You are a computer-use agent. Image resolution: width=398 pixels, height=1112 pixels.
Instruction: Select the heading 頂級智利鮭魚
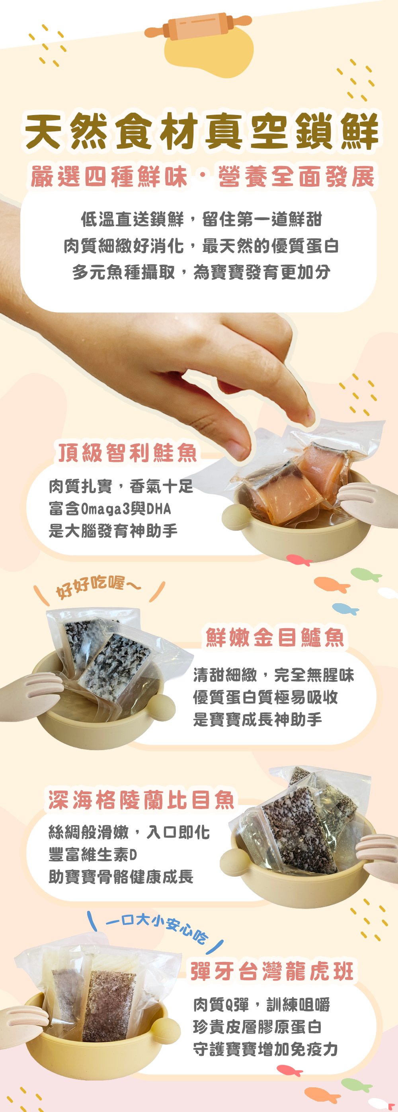pyautogui.click(x=128, y=452)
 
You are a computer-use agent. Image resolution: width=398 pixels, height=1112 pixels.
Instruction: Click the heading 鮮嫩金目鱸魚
pyautogui.click(x=275, y=637)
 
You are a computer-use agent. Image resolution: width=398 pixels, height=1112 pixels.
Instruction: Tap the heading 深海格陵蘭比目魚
pyautogui.click(x=141, y=800)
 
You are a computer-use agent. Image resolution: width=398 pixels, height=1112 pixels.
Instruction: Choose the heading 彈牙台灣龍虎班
pyautogui.click(x=272, y=972)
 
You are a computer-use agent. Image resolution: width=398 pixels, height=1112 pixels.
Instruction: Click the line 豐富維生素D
pyautogui.click(x=93, y=854)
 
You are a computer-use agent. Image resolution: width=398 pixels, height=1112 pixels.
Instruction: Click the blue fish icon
pyautogui.click(x=345, y=609)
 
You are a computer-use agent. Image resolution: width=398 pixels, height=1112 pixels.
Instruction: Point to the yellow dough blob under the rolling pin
pyautogui.click(x=209, y=51)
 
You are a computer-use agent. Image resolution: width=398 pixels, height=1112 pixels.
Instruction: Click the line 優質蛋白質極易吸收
pyautogui.click(x=265, y=697)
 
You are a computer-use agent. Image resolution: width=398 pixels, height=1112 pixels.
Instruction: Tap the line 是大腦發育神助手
pyautogui.click(x=113, y=531)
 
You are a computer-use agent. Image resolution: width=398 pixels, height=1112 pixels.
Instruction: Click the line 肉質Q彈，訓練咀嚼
pyautogui.click(x=261, y=1005)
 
